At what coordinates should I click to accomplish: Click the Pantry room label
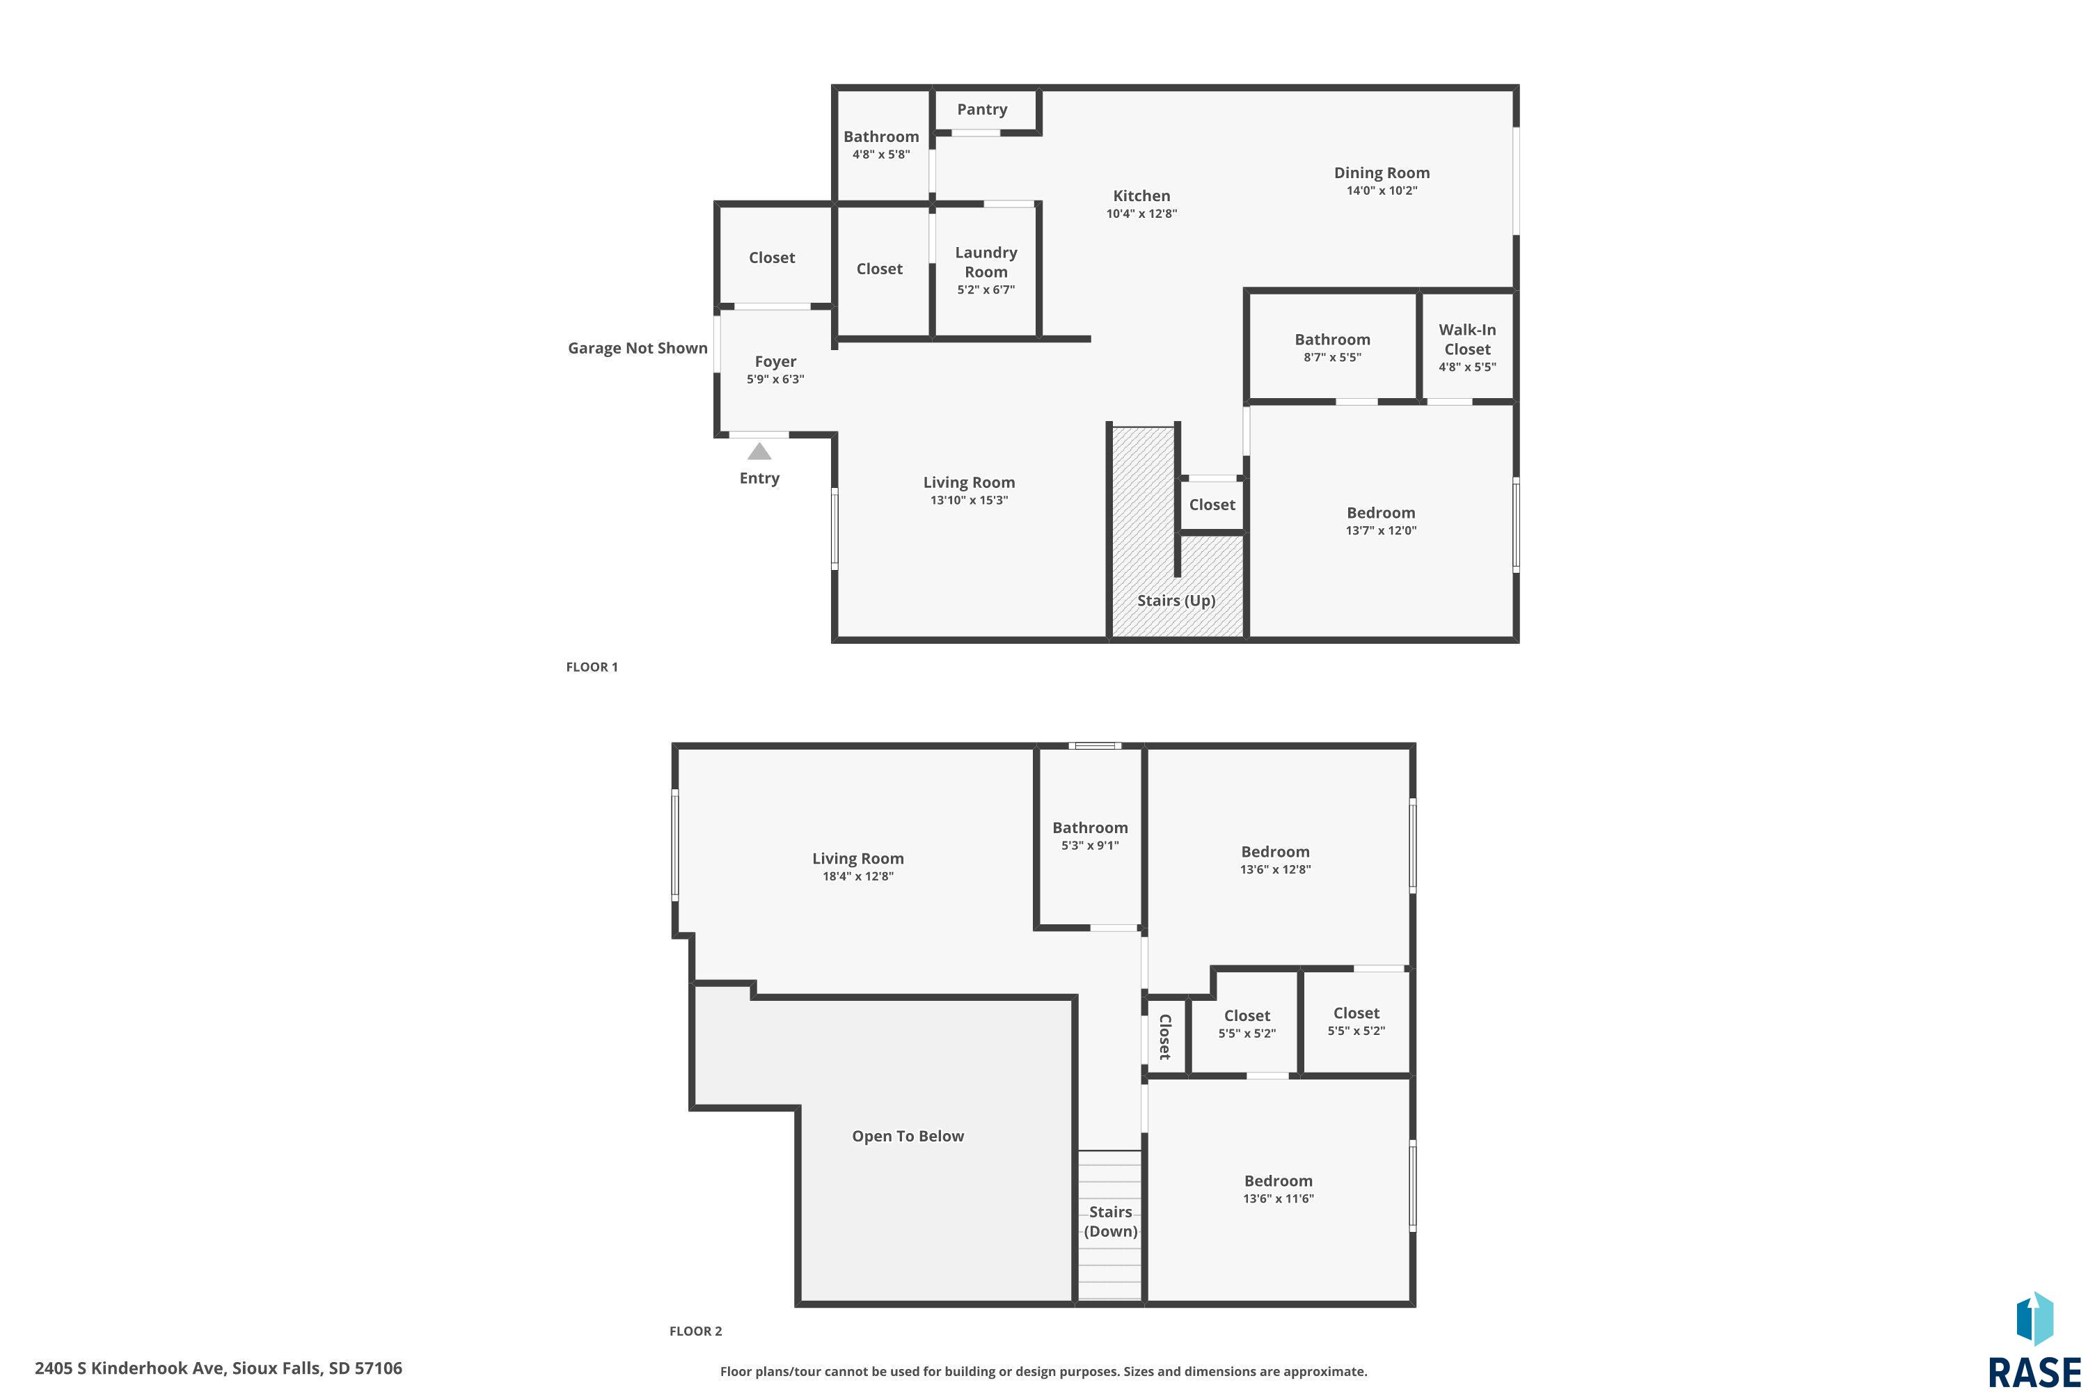(x=982, y=109)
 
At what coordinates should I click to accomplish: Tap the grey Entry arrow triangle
(x=759, y=451)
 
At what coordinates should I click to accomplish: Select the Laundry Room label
(x=986, y=262)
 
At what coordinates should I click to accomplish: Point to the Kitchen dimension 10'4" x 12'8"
(x=1141, y=214)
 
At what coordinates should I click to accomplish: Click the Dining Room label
(x=1382, y=172)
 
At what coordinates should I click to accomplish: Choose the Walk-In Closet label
(x=1466, y=339)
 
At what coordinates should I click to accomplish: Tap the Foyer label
(x=775, y=361)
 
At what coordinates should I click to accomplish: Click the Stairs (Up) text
(x=1176, y=600)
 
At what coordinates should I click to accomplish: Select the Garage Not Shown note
(x=638, y=348)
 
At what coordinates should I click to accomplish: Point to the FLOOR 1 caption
(x=592, y=667)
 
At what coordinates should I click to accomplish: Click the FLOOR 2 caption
(x=696, y=1331)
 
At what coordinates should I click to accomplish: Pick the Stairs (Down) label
(x=1111, y=1221)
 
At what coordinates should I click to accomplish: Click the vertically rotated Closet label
(x=1164, y=1037)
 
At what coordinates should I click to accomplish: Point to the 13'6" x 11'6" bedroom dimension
(x=1279, y=1199)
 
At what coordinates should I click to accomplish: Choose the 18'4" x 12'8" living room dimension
(x=857, y=876)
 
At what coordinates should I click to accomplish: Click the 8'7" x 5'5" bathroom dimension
(x=1333, y=358)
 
